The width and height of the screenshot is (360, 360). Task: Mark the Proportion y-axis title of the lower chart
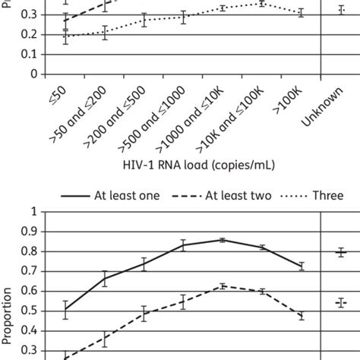(8, 311)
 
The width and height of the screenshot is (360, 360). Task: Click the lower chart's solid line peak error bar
(222, 240)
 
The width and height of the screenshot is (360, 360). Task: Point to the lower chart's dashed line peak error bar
(222, 286)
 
